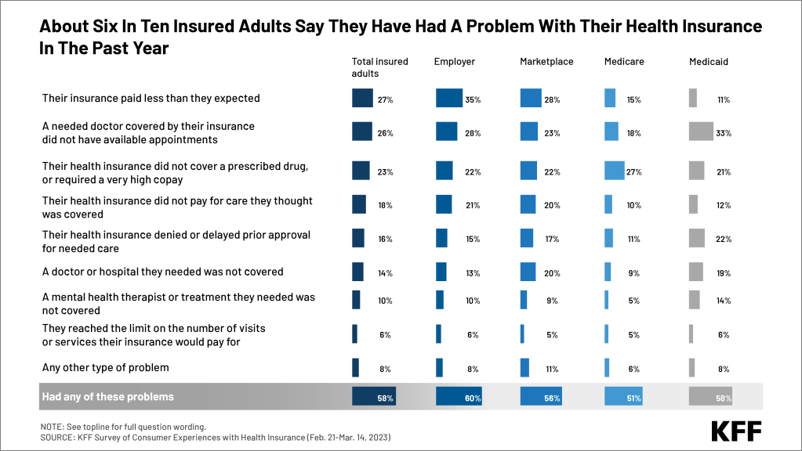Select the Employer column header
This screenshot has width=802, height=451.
click(455, 62)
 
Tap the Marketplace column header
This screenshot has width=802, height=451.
click(546, 62)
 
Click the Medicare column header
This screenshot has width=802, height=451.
click(623, 62)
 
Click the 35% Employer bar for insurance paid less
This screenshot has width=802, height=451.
click(449, 99)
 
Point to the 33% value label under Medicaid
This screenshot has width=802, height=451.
click(723, 133)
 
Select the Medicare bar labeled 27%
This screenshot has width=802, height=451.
click(614, 170)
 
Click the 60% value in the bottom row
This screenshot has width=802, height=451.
click(472, 399)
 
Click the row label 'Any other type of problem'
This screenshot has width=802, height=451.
click(105, 367)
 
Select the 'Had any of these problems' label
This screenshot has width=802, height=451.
click(107, 397)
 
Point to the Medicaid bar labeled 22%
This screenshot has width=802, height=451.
click(697, 238)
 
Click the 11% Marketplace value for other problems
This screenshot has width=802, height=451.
click(552, 368)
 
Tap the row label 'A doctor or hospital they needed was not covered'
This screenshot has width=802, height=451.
click(162, 272)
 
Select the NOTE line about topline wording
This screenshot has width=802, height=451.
click(123, 427)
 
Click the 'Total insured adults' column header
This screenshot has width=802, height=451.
click(379, 67)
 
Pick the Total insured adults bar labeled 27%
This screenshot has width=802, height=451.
click(362, 99)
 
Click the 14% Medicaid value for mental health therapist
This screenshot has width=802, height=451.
click(723, 301)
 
